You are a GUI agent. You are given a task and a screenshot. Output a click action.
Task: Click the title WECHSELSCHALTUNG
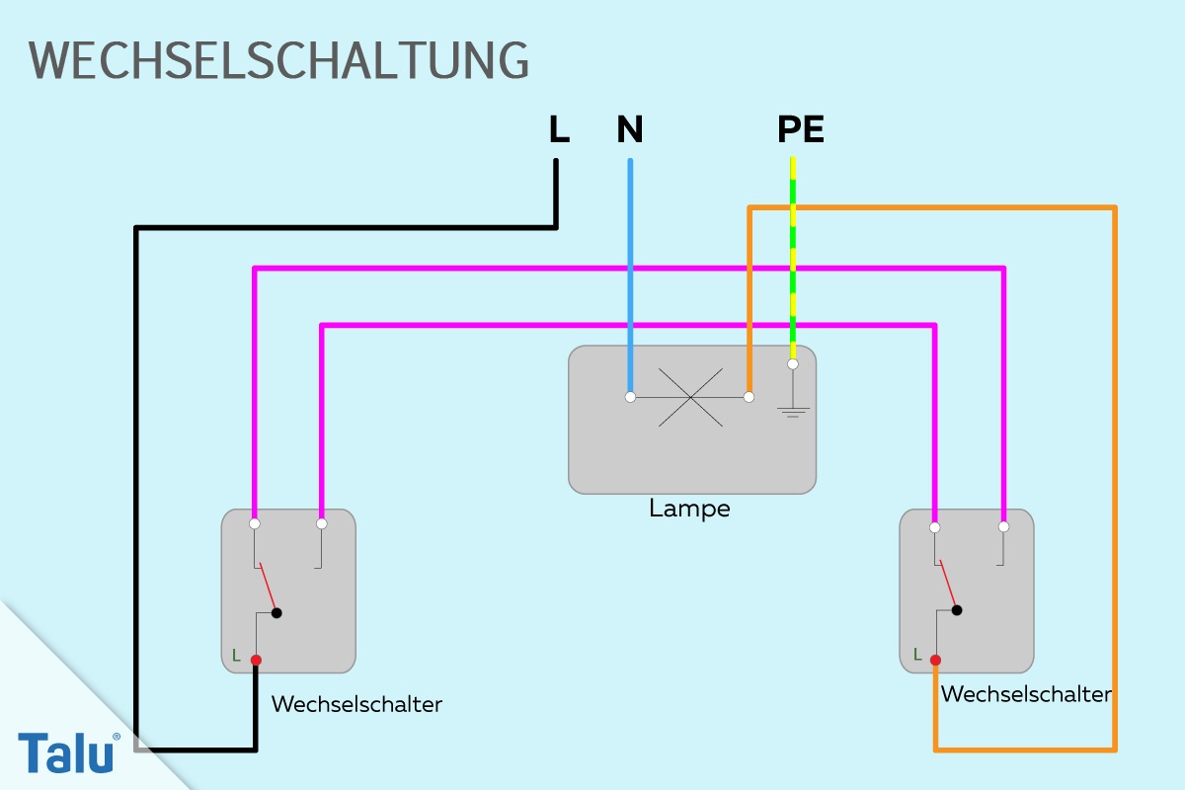pyautogui.click(x=278, y=60)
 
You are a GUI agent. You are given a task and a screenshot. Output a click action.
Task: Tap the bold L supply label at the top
pyautogui.click(x=559, y=129)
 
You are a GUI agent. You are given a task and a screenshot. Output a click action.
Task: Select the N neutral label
pyautogui.click(x=630, y=129)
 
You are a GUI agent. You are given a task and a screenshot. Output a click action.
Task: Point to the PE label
pyautogui.click(x=801, y=129)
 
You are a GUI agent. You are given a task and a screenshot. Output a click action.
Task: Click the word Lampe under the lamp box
pyautogui.click(x=689, y=509)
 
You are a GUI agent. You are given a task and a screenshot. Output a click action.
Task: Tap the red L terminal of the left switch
pyautogui.click(x=256, y=660)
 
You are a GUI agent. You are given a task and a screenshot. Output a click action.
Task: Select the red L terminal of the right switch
pyautogui.click(x=935, y=660)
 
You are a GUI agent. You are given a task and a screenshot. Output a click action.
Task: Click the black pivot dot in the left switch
pyautogui.click(x=276, y=613)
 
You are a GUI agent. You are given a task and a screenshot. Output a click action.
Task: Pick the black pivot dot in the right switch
pyautogui.click(x=957, y=610)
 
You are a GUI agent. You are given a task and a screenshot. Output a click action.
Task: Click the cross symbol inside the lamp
pyautogui.click(x=690, y=397)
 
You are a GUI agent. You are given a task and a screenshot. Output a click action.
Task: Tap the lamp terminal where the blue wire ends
pyautogui.click(x=630, y=397)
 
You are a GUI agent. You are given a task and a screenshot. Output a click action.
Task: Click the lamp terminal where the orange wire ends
pyautogui.click(x=749, y=397)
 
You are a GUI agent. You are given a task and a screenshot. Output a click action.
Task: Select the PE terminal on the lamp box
pyautogui.click(x=792, y=364)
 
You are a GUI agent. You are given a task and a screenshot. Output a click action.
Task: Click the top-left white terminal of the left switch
pyautogui.click(x=255, y=523)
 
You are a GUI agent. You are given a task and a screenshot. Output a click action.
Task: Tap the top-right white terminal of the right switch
pyautogui.click(x=1003, y=526)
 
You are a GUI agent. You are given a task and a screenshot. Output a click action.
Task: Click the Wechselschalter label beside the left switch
pyautogui.click(x=356, y=704)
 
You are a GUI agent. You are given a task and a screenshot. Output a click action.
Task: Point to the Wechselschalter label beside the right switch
pyautogui.click(x=1026, y=694)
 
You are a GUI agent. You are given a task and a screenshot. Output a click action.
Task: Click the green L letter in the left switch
pyautogui.click(x=236, y=656)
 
